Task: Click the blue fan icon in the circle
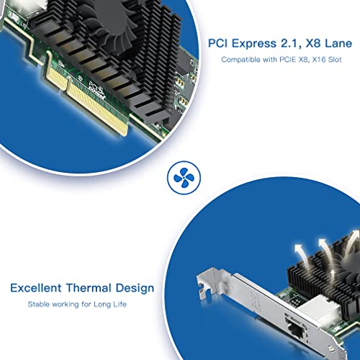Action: point(184,178)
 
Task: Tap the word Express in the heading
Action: point(254,43)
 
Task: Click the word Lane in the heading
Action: point(338,43)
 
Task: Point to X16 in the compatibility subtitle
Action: point(319,60)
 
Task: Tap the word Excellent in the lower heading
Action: point(36,288)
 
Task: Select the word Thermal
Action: point(89,288)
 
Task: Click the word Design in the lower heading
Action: point(135,288)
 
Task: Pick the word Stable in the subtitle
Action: point(37,305)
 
